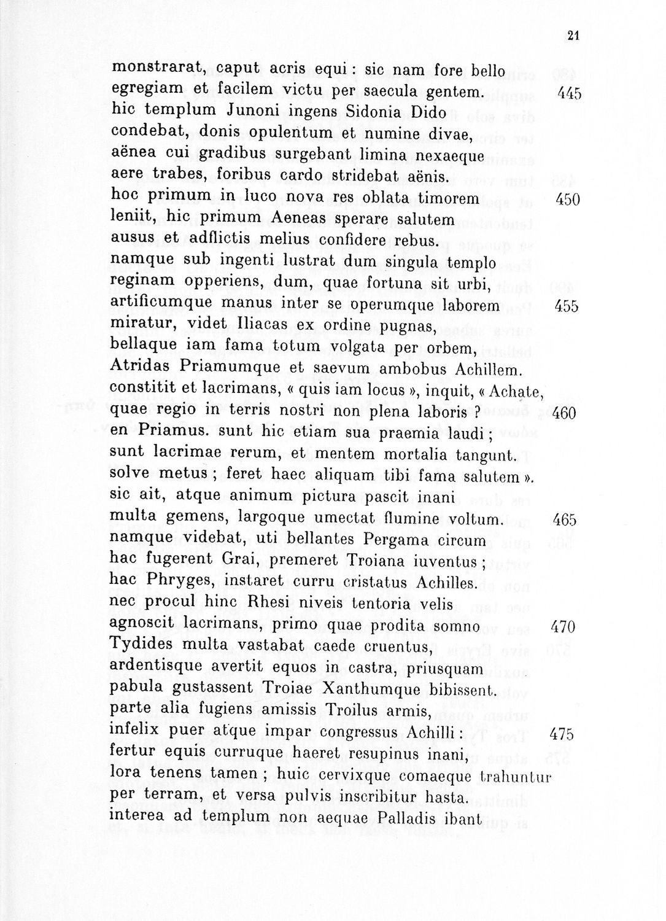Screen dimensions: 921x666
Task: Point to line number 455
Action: point(566,306)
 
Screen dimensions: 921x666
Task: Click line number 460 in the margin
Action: point(564,413)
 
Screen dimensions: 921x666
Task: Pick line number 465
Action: point(564,520)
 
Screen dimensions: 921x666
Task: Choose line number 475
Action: point(561,734)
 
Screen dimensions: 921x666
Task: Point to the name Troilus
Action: point(341,711)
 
